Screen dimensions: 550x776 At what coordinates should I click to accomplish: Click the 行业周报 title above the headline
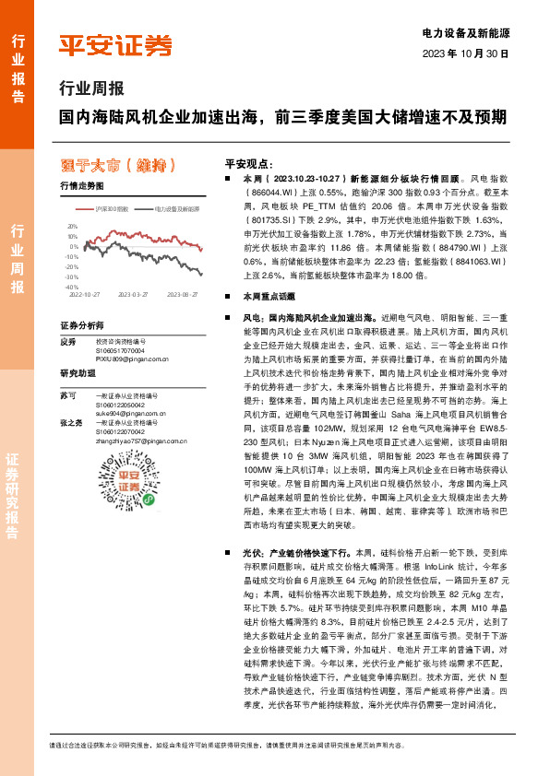coord(90,89)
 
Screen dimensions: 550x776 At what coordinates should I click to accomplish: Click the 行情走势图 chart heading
coord(82,185)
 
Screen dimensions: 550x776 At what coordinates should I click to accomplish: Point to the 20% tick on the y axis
coord(73,225)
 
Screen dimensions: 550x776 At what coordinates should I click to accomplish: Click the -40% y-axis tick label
coord(72,288)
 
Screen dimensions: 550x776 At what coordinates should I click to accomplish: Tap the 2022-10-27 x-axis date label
coord(82,296)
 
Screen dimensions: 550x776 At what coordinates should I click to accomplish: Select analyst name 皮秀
coord(66,341)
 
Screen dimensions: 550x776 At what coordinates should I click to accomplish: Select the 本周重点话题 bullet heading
coord(268,298)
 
